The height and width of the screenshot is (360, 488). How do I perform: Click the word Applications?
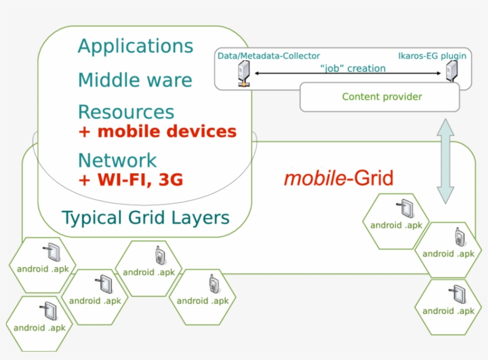[x=135, y=46]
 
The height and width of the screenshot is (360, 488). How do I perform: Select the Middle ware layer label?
[x=135, y=80]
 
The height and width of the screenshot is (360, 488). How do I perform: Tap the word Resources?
[x=126, y=112]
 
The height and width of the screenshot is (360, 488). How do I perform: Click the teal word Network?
[x=117, y=160]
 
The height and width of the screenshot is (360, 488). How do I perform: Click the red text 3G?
[x=170, y=180]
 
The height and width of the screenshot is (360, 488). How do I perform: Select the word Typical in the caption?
[x=92, y=218]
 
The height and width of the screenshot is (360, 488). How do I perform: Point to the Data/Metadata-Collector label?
[x=268, y=56]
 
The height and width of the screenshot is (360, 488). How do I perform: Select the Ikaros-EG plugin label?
[x=431, y=56]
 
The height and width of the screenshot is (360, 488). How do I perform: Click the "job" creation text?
[x=352, y=68]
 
